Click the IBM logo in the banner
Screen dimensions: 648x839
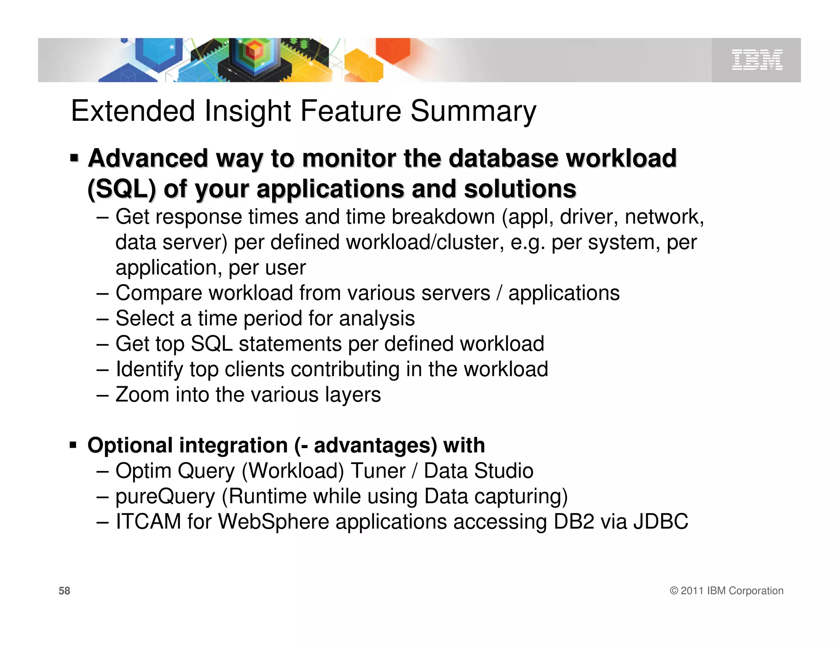click(x=757, y=60)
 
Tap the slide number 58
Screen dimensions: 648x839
click(x=64, y=591)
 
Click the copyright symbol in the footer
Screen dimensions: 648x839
click(x=674, y=591)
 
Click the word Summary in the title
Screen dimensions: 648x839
click(x=473, y=111)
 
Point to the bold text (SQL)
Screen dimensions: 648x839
click(x=122, y=189)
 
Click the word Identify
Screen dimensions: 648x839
click(x=149, y=369)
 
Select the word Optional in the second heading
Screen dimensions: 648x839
click(x=130, y=445)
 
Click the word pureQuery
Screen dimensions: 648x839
click(x=165, y=496)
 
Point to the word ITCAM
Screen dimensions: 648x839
click(x=148, y=522)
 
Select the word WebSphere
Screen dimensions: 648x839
click(x=273, y=522)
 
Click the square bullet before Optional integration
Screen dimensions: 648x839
click(x=73, y=445)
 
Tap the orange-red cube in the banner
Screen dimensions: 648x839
click(x=392, y=49)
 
